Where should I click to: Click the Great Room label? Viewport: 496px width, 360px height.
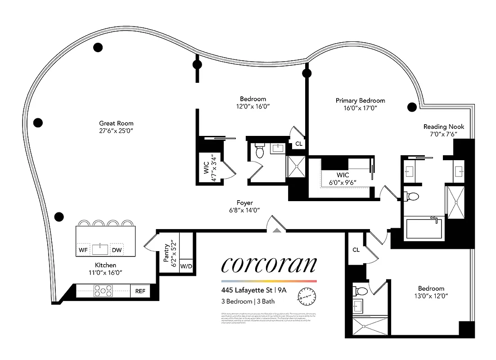click(116, 123)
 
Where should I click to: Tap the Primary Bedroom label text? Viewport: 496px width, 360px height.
click(360, 100)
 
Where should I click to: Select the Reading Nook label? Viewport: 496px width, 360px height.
click(443, 127)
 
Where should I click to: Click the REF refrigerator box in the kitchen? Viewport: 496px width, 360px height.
click(140, 291)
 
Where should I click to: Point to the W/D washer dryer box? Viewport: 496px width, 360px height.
click(186, 266)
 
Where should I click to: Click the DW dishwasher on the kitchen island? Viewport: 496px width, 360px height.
click(117, 250)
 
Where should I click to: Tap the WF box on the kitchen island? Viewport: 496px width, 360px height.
click(83, 250)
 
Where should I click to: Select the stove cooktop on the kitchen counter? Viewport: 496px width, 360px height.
click(103, 291)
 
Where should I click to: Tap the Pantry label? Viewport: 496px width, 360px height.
click(167, 253)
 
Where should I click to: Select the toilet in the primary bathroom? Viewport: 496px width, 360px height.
click(411, 196)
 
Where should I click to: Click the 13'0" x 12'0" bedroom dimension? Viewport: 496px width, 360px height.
click(431, 296)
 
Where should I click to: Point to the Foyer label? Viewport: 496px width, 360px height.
click(245, 203)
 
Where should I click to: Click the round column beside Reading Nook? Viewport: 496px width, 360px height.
click(411, 107)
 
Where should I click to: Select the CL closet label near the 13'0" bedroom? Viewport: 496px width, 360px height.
click(356, 250)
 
